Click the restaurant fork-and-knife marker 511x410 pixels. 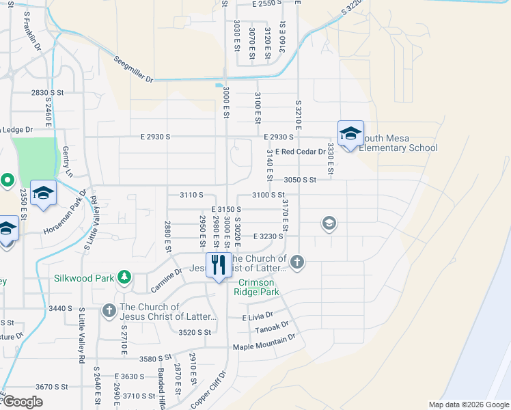(219, 266)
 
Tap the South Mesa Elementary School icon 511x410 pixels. (350, 134)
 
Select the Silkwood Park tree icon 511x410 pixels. (124, 277)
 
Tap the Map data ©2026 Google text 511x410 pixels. (469, 405)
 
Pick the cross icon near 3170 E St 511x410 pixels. (296, 261)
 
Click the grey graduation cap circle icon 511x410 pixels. (329, 223)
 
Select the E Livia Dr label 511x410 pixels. (258, 317)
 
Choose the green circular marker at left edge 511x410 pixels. (7, 180)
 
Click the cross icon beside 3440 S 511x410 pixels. (109, 311)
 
